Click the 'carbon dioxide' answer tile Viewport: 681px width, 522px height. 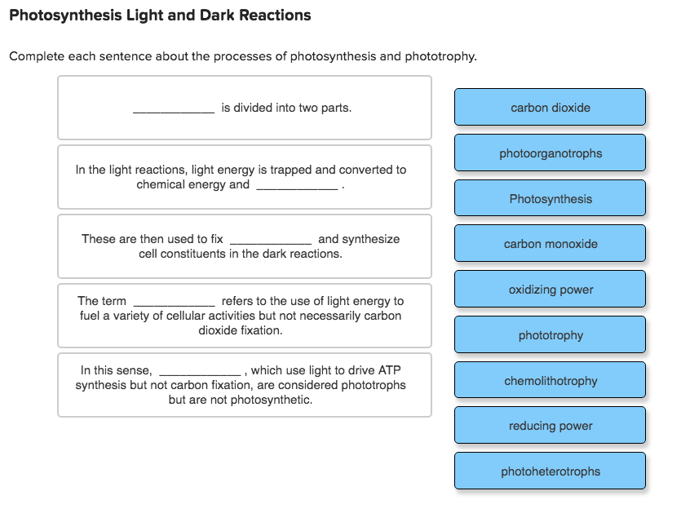pos(550,108)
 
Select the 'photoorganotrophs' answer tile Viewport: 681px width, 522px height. pos(550,153)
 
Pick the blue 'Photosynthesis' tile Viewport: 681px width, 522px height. pos(550,199)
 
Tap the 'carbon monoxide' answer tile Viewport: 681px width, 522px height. pos(550,244)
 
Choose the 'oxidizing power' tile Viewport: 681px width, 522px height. pos(550,290)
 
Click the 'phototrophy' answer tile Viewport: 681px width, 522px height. pos(550,335)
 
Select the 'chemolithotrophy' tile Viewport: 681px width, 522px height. pos(550,381)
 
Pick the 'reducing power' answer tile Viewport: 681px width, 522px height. pos(550,426)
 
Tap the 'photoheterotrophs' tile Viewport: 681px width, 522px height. pos(550,471)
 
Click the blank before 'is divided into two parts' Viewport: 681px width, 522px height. pos(174,108)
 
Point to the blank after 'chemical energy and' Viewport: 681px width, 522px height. pos(297,186)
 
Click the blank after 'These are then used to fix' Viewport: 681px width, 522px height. pos(271,240)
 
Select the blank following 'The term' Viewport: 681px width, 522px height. pos(174,302)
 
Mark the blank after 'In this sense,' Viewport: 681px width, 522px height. pos(200,371)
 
